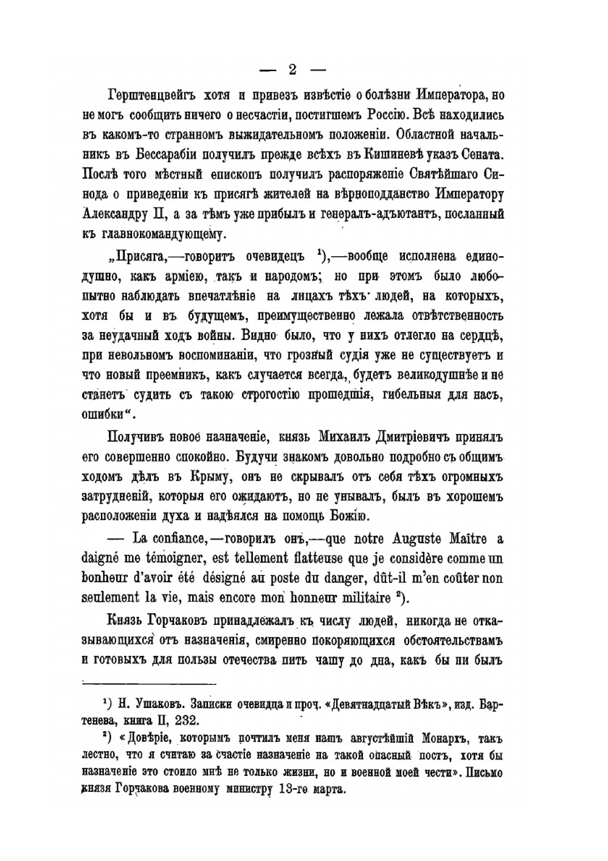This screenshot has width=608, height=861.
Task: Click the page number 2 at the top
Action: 292,69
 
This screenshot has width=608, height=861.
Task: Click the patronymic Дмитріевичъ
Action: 401,437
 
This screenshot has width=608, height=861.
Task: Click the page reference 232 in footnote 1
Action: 185,721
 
